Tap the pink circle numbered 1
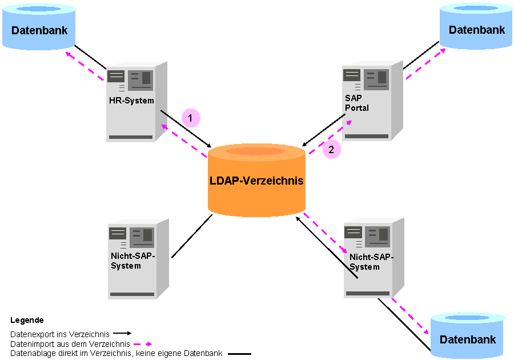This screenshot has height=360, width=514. [191, 118]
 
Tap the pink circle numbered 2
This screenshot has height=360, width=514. [331, 150]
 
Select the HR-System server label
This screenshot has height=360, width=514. [131, 101]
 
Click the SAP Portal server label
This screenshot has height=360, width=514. [357, 103]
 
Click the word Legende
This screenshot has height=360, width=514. [27, 321]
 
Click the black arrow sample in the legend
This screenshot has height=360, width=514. [122, 333]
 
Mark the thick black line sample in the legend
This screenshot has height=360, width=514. [239, 354]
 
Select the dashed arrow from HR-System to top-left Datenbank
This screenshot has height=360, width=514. [86, 66]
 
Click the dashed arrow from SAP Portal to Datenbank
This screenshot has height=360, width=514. [425, 63]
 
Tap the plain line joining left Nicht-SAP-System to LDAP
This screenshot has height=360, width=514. [191, 237]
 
